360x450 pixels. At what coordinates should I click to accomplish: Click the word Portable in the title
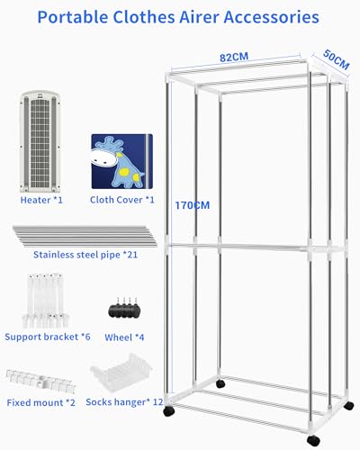pyautogui.click(x=73, y=17)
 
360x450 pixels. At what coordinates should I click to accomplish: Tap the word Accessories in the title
pyautogui.click(x=271, y=17)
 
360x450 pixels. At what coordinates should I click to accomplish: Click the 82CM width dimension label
pyautogui.click(x=234, y=57)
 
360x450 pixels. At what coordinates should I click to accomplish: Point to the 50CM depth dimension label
pyautogui.click(x=337, y=59)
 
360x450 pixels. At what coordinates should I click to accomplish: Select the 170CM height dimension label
pyautogui.click(x=193, y=205)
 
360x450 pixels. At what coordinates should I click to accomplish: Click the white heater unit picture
pyautogui.click(x=40, y=142)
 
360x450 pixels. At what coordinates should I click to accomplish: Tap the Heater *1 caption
pyautogui.click(x=41, y=200)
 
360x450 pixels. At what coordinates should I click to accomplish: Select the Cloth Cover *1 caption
pyautogui.click(x=122, y=200)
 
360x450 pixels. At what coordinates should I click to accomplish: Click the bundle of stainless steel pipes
pyautogui.click(x=85, y=236)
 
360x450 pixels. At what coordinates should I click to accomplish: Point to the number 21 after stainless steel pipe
pyautogui.click(x=132, y=255)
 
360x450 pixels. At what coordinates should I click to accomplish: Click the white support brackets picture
pyautogui.click(x=46, y=301)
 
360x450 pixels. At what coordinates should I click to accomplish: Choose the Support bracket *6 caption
pyautogui.click(x=48, y=337)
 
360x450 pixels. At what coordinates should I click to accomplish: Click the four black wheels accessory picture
pyautogui.click(x=124, y=309)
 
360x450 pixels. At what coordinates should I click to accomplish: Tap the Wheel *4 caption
pyautogui.click(x=124, y=337)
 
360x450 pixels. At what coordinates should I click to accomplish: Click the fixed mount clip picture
pyautogui.click(x=40, y=381)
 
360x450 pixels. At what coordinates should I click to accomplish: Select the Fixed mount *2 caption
pyautogui.click(x=40, y=402)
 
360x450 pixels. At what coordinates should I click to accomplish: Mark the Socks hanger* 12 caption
pyautogui.click(x=124, y=402)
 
